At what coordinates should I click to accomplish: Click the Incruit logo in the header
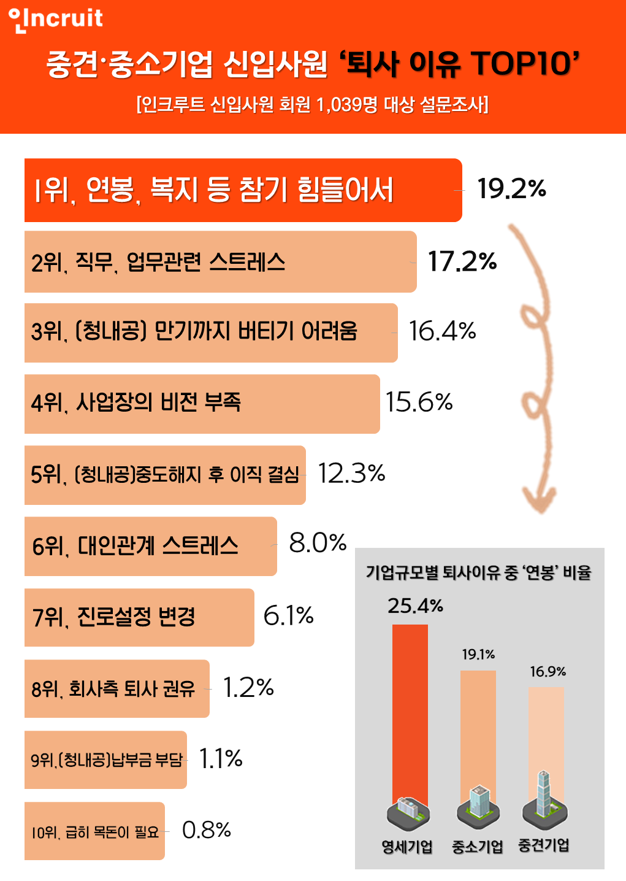tap(56, 18)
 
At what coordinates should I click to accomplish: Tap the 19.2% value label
tap(511, 188)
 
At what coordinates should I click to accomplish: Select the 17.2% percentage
tap(462, 261)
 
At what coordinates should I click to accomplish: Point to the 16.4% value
tap(442, 331)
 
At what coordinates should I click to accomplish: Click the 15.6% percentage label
tap(419, 402)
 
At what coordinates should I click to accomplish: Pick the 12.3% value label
tap(351, 473)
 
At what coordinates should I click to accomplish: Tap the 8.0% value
tap(318, 543)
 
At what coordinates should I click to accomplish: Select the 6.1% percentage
tap(288, 615)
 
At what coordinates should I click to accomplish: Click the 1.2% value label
tap(248, 688)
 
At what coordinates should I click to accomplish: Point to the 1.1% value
tap(221, 759)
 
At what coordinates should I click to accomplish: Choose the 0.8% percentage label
tap(207, 830)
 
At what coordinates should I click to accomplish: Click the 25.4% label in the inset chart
tap(415, 606)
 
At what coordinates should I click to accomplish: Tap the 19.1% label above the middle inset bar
tap(478, 655)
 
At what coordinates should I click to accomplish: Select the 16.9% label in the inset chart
tap(548, 672)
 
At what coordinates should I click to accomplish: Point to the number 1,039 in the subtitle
tap(338, 104)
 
